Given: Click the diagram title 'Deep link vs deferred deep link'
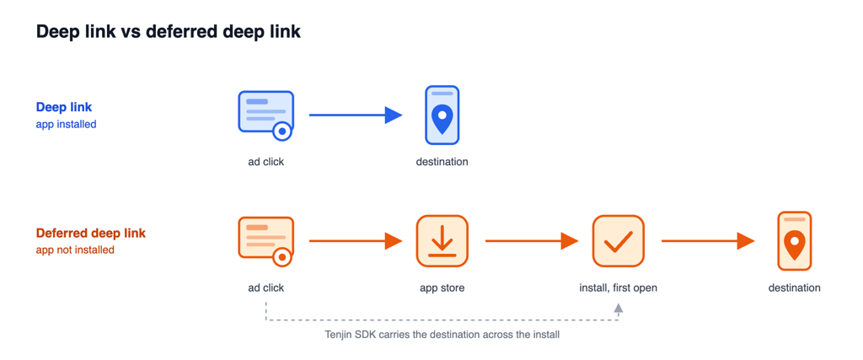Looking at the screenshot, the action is click(x=169, y=32).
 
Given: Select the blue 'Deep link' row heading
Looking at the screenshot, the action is click(x=64, y=107).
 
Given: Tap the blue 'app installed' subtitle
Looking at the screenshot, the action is click(x=66, y=125).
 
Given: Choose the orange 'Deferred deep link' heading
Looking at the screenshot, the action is click(x=91, y=233).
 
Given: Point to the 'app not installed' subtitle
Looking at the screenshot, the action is click(x=75, y=250).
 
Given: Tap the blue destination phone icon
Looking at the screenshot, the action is click(x=442, y=115).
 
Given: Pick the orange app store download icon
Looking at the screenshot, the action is click(x=442, y=241).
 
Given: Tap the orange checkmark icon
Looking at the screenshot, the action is click(x=618, y=241).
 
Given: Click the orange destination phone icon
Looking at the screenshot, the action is click(x=794, y=241).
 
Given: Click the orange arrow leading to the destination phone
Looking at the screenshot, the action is click(x=708, y=241).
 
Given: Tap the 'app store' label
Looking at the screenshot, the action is click(x=442, y=287).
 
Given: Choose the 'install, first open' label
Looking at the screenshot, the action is click(x=618, y=287).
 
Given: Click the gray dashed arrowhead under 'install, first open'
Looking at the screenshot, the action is click(x=618, y=309).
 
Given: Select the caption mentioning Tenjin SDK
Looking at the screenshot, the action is click(x=442, y=334).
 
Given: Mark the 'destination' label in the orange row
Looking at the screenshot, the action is click(x=794, y=287).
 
